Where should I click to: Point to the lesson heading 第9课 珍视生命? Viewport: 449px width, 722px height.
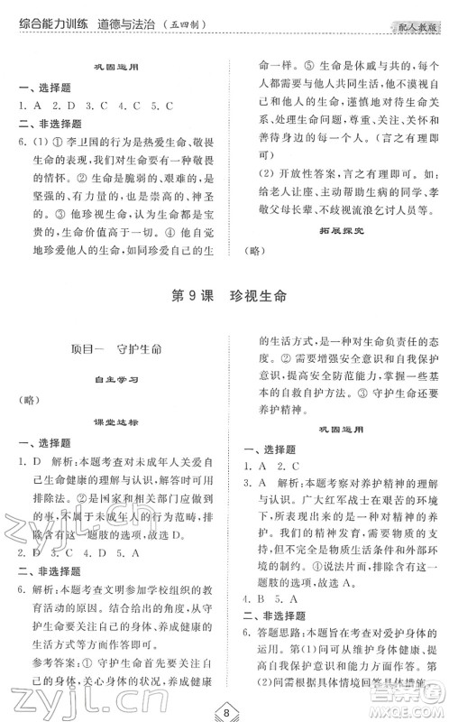[x=225, y=299]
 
